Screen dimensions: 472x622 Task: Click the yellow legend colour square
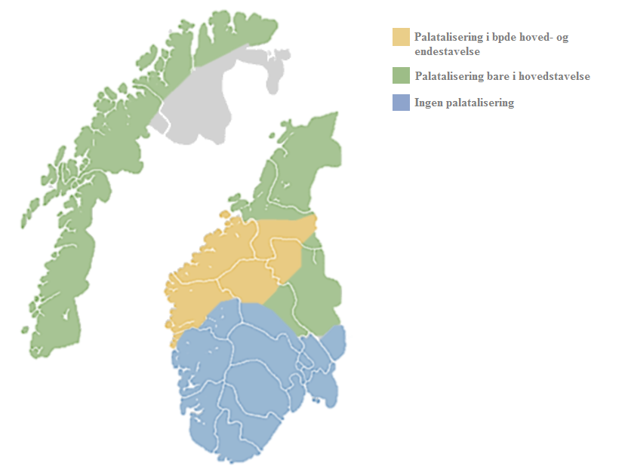(x=401, y=37)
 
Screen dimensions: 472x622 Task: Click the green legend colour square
(x=401, y=75)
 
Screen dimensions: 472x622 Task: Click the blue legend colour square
(x=401, y=103)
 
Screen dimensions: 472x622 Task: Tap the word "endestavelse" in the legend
(x=447, y=51)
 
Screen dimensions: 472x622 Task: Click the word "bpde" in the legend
(x=503, y=38)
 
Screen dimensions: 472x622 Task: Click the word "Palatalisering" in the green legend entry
(x=449, y=76)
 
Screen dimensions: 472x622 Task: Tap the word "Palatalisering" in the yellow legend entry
(x=449, y=38)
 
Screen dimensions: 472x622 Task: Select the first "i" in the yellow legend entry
(x=488, y=38)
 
